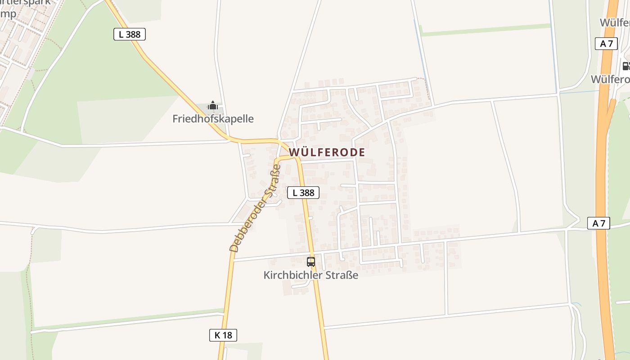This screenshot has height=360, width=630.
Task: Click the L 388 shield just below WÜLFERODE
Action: pyautogui.click(x=303, y=193)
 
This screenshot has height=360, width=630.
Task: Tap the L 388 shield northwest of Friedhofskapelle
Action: pyautogui.click(x=130, y=34)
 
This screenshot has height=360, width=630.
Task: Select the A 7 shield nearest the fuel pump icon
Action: pyautogui.click(x=606, y=44)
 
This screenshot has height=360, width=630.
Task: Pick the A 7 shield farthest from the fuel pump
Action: pyautogui.click(x=598, y=223)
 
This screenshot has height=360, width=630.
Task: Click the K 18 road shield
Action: pyautogui.click(x=223, y=335)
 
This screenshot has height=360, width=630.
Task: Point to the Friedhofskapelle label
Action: pyautogui.click(x=213, y=119)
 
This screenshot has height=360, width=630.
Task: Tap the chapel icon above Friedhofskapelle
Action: pyautogui.click(x=213, y=106)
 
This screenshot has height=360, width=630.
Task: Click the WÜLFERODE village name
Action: pyautogui.click(x=327, y=152)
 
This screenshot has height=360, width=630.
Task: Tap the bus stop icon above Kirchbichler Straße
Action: pyautogui.click(x=310, y=261)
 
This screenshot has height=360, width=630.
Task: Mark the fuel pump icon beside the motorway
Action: pyautogui.click(x=626, y=66)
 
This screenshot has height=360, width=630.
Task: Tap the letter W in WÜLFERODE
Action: pyautogui.click(x=293, y=152)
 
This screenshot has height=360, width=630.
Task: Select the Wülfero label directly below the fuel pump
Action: pyautogui.click(x=610, y=79)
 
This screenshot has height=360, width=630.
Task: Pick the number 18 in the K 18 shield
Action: pyautogui.click(x=228, y=335)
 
